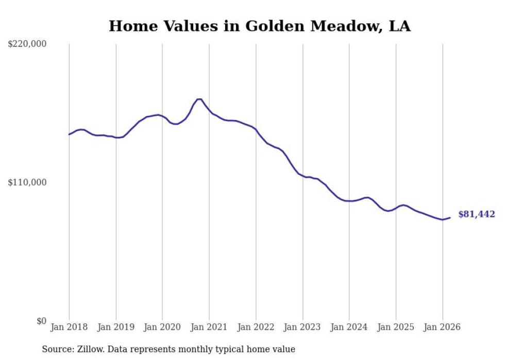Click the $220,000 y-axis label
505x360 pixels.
click(27, 44)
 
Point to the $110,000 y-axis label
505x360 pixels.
click(27, 182)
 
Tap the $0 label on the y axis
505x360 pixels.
click(41, 321)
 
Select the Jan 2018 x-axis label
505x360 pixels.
click(69, 327)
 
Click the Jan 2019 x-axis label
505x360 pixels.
click(116, 327)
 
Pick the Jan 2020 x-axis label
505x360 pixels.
click(162, 327)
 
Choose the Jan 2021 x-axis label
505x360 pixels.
click(209, 327)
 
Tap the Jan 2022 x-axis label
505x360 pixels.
click(256, 327)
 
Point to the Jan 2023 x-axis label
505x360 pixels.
click(302, 327)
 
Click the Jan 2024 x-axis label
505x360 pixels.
click(349, 327)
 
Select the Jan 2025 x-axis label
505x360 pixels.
click(396, 327)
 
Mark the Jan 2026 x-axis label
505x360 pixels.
click(443, 327)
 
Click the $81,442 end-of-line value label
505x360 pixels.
click(477, 214)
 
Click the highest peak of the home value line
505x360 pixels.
click(199, 99)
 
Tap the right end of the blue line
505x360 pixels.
click(450, 218)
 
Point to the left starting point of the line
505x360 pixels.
click(69, 134)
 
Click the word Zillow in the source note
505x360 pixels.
click(87, 349)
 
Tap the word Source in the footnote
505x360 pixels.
click(56, 349)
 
